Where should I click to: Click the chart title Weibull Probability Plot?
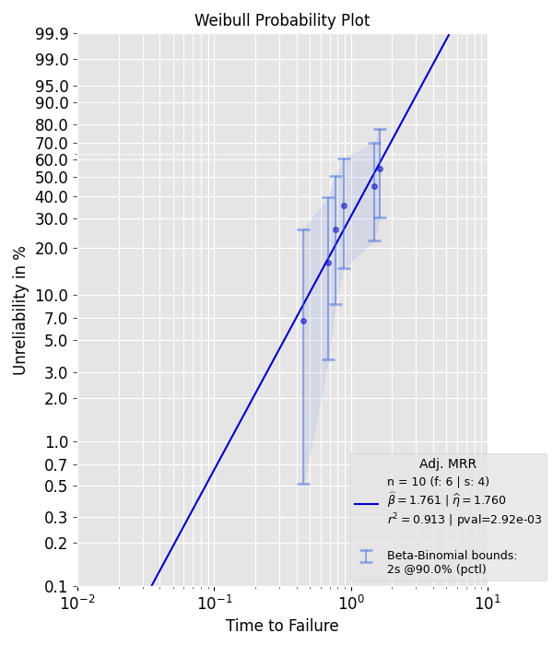tap(282, 20)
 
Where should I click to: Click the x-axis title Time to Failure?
tap(282, 626)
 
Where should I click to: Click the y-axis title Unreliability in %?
tap(20, 311)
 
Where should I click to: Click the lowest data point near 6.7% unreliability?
tap(303, 321)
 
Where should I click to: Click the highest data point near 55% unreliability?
tap(379, 169)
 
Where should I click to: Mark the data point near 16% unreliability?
tap(328, 263)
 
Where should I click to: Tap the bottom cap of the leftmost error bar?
tap(303, 484)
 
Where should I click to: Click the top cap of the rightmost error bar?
tap(379, 129)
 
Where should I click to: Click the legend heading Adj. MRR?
tap(447, 463)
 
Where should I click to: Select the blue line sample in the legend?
tap(367, 504)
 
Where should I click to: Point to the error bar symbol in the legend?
tap(367, 556)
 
